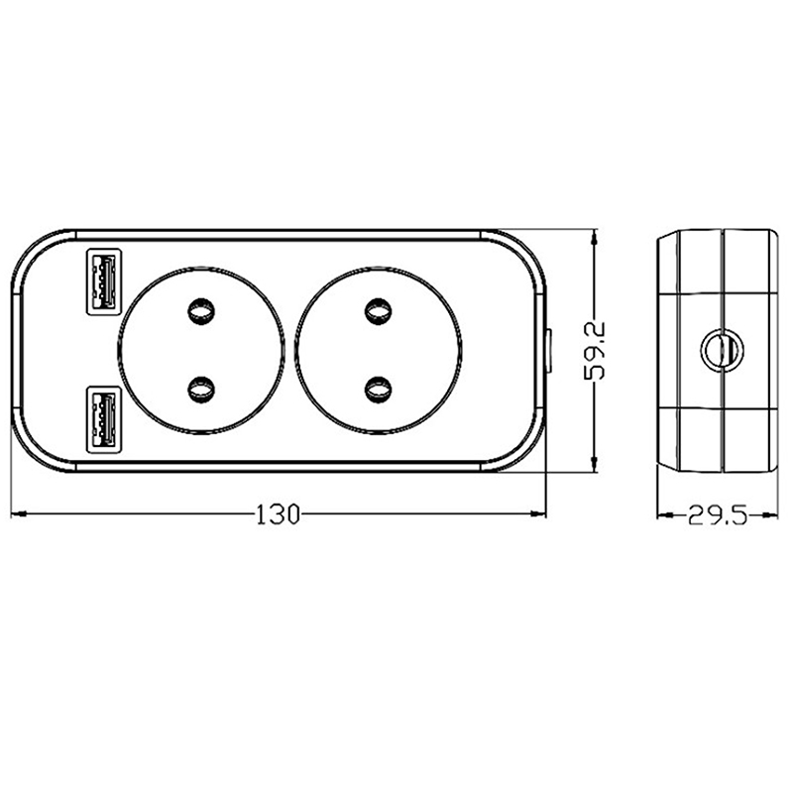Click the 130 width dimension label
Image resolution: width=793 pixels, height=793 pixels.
point(279,514)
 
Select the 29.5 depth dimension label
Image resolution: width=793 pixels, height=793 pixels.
point(717,515)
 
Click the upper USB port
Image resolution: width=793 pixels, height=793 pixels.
point(104,282)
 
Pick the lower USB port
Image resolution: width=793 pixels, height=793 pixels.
point(104,420)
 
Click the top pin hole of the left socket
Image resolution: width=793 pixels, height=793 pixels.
point(201,311)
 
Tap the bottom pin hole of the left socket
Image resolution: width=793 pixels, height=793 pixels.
point(201,389)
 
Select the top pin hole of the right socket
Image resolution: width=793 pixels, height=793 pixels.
point(378,311)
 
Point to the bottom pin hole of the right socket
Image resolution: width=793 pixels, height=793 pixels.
point(378,389)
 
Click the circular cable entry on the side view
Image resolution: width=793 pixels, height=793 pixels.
point(723,350)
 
